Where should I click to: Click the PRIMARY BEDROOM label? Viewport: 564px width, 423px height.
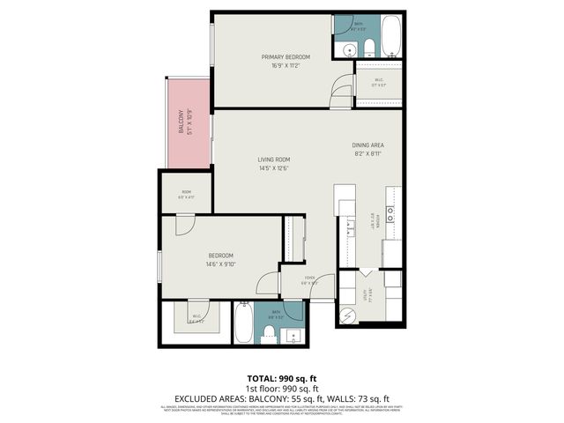point(286,57)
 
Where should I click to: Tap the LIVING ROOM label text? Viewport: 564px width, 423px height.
point(273,160)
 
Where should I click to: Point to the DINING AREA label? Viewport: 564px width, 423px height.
point(368,145)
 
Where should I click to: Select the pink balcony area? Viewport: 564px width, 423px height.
point(185,122)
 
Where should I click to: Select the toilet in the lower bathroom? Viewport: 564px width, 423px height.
point(269,333)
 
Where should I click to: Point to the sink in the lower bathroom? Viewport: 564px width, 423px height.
point(292,335)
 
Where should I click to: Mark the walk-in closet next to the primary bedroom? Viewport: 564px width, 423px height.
point(378,83)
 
